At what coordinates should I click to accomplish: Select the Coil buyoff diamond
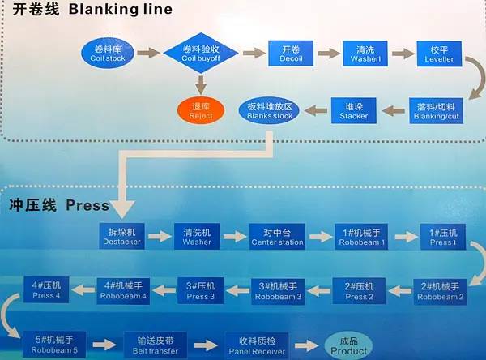click(x=200, y=53)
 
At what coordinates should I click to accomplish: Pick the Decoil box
click(x=291, y=53)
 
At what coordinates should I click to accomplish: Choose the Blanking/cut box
click(x=437, y=111)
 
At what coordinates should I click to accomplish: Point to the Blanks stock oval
click(x=269, y=111)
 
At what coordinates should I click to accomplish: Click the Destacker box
click(x=122, y=236)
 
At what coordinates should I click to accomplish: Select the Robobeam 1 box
click(x=361, y=236)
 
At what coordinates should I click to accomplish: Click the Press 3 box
click(x=200, y=290)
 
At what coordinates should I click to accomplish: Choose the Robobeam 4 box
click(x=123, y=290)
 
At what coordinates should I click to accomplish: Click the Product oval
click(x=349, y=346)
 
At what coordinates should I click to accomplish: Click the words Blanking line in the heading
click(x=121, y=10)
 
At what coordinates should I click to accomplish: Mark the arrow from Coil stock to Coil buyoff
click(x=148, y=53)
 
